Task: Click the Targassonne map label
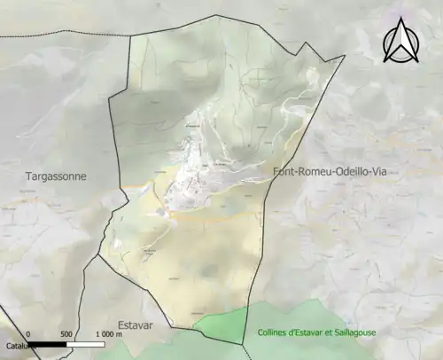pos(55,176)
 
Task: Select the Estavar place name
pos(136,325)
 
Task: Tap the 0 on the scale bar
pos(28,334)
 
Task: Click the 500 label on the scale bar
pos(66,334)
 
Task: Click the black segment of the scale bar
pos(48,344)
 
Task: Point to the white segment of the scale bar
pos(86,344)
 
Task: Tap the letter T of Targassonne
pos(27,176)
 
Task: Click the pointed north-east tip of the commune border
pos(344,59)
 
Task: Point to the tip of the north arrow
pos(400,19)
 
